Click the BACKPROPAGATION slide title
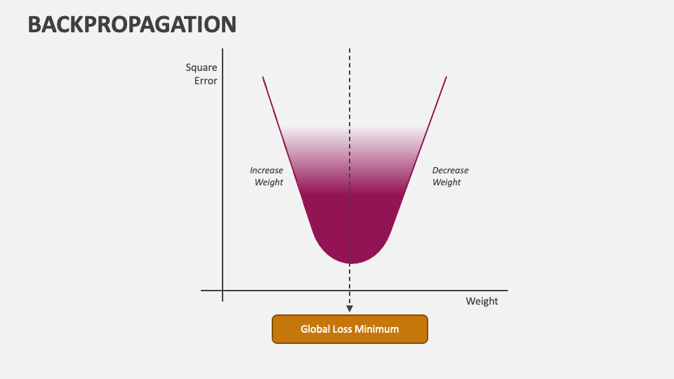point(132,25)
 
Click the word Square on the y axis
point(201,68)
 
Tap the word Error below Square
point(206,81)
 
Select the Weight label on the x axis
point(482,301)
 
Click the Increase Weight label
point(267,176)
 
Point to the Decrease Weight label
point(450,176)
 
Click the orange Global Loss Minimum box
point(350,328)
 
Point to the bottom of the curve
point(350,263)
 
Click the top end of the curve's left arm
point(263,77)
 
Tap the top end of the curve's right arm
point(446,77)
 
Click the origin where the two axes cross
point(223,290)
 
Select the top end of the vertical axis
point(223,49)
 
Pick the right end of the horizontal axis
point(506,290)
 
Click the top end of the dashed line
point(350,49)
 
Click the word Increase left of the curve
point(267,171)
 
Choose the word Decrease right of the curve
point(450,171)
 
